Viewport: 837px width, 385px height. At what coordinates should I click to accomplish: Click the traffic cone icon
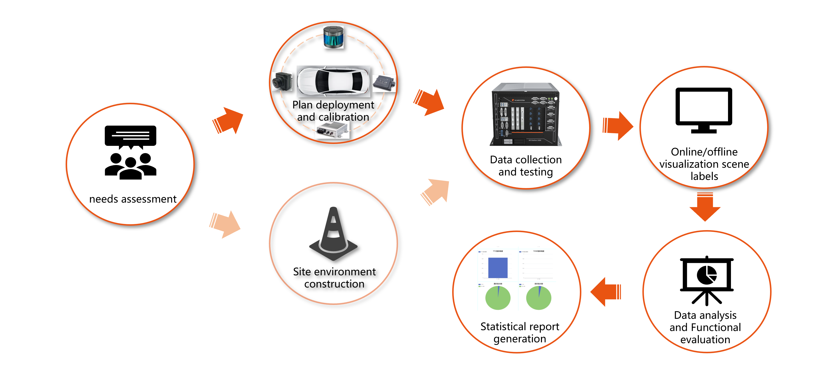click(x=333, y=234)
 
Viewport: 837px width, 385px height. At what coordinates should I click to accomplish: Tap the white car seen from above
click(x=333, y=81)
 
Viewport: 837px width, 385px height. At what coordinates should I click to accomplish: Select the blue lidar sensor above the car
click(x=333, y=37)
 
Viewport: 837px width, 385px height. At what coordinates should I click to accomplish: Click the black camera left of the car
click(x=282, y=81)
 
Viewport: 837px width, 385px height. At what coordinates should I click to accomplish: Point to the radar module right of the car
click(x=384, y=83)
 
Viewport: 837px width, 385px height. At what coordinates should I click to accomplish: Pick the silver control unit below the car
click(x=332, y=129)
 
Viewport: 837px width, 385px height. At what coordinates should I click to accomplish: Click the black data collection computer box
click(x=525, y=114)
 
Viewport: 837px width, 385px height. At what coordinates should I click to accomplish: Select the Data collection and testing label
click(x=526, y=166)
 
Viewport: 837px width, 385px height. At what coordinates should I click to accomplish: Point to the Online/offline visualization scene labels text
click(x=704, y=164)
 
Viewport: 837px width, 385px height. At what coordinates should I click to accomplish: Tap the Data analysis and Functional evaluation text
click(x=705, y=327)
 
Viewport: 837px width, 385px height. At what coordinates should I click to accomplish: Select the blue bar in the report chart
click(x=498, y=268)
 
